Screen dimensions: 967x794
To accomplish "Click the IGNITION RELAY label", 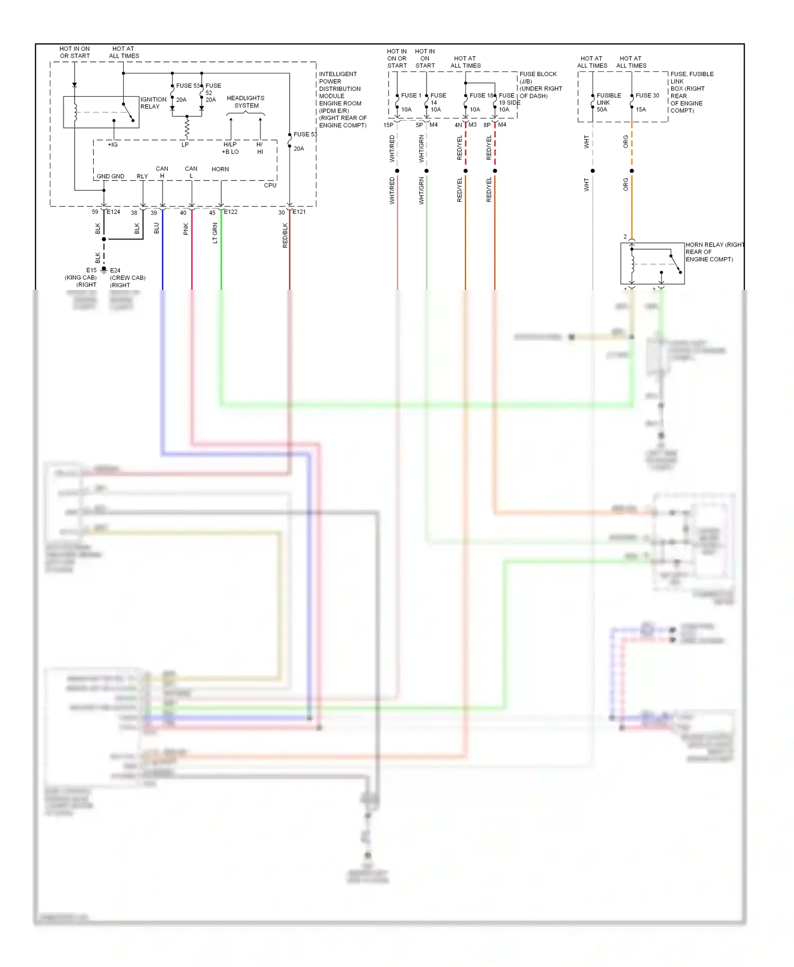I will coord(153,103).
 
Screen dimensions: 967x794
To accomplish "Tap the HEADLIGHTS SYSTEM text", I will coord(246,102).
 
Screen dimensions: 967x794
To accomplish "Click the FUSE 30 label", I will coord(647,96).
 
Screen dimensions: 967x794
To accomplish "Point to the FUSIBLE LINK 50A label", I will coord(608,103).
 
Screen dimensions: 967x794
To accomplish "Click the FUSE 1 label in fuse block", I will coord(411,96).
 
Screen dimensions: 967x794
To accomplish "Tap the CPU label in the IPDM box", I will coord(270,185).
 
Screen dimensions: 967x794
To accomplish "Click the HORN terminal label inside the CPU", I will coord(220,169).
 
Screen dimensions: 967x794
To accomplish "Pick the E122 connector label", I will coord(231,212).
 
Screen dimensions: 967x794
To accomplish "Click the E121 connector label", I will coord(299,212).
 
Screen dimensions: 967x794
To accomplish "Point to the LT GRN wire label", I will coord(215,233).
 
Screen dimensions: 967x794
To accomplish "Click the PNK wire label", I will coord(186,229).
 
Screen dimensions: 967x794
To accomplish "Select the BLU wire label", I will coord(157,228).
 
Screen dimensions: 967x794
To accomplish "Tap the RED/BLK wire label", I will coord(285,235).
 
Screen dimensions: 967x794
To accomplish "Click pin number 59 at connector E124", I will coord(95,212).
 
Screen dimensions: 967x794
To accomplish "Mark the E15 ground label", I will coord(92,270).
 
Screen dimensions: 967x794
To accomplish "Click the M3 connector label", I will coord(472,125).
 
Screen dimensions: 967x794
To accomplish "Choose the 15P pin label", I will coord(389,125).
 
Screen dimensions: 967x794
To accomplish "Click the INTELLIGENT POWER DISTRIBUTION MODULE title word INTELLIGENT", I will coord(338,74).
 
